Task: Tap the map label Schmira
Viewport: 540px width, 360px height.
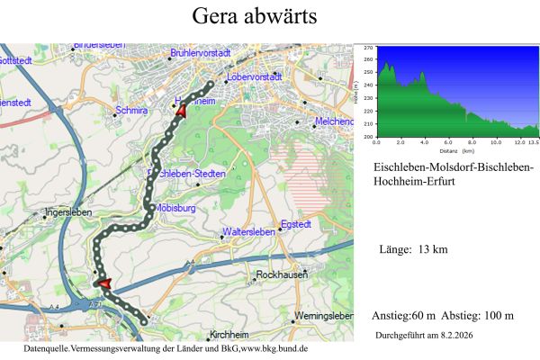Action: click(x=130, y=112)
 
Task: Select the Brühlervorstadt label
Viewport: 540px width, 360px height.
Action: click(x=201, y=53)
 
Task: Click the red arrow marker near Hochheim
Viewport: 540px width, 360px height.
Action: click(x=181, y=112)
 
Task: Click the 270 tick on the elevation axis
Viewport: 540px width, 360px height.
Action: click(x=369, y=58)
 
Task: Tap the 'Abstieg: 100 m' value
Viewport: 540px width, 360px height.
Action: click(x=480, y=316)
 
